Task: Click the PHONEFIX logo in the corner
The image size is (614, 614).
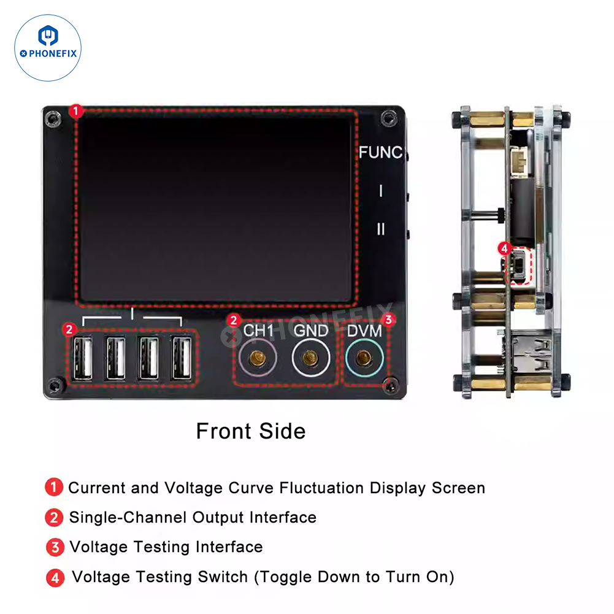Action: click(x=48, y=48)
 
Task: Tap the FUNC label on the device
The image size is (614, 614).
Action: click(x=380, y=153)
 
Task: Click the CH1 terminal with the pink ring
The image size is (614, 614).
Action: click(x=257, y=358)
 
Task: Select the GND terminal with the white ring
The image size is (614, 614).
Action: click(x=310, y=358)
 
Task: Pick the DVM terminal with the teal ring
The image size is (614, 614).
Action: click(x=364, y=358)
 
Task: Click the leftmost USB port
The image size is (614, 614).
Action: click(x=83, y=358)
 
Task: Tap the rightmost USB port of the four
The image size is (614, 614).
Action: click(x=182, y=358)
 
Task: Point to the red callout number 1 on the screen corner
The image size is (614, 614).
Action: click(x=76, y=111)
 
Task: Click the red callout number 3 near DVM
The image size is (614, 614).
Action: click(x=388, y=320)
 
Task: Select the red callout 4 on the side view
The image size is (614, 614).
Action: click(x=504, y=248)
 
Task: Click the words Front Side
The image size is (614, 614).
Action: click(x=251, y=431)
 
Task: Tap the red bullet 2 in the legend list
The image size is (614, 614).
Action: click(x=54, y=517)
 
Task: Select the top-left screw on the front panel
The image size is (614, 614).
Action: click(x=53, y=118)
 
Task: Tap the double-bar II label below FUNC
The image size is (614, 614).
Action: click(x=381, y=229)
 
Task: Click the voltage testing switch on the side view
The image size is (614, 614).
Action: click(x=516, y=266)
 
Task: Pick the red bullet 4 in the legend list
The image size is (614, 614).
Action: click(x=55, y=578)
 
